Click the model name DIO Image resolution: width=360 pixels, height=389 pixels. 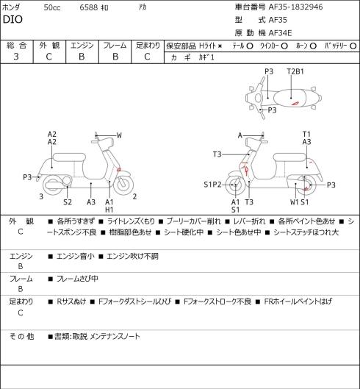pos(12,19)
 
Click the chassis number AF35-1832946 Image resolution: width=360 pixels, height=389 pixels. pos(296,7)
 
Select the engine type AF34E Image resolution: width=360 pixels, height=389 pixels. pos(281,33)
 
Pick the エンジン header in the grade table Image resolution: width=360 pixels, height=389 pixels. pos(82,46)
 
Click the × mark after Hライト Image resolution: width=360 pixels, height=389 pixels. pos(220,46)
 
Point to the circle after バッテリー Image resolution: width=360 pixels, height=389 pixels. pos(353,46)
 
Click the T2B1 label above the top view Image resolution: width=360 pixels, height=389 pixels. pos(295,71)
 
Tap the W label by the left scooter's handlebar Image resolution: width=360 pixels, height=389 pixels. pos(119,135)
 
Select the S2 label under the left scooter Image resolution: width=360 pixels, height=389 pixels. pos(68,202)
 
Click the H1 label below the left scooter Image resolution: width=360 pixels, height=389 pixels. pos(109,210)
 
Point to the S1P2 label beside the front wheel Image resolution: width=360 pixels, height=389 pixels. pos(212,185)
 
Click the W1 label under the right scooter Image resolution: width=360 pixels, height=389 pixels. pos(295,202)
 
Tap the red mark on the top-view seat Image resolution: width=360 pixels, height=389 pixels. pos(295,104)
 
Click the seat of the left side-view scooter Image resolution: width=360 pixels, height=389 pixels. pos(69,157)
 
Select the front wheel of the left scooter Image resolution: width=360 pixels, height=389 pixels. pos(123,185)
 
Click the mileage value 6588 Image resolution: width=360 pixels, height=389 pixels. pos(88,7)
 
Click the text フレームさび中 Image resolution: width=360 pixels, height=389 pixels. pos(77,279)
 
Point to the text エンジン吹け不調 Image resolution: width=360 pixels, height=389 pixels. pos(132,256)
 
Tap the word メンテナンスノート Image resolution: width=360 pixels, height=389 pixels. pos(115,336)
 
